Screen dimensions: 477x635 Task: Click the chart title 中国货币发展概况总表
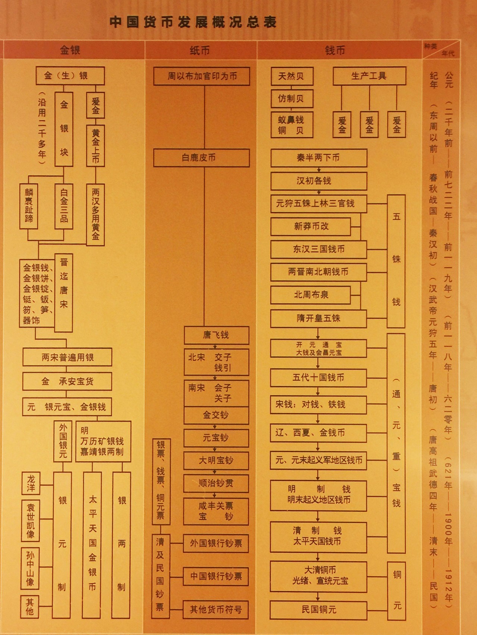click(x=193, y=22)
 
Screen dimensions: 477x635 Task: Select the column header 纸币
click(x=200, y=50)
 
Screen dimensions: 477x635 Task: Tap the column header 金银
click(x=70, y=50)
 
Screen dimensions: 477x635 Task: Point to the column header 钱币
click(x=335, y=50)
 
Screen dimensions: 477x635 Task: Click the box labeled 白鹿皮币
click(x=201, y=158)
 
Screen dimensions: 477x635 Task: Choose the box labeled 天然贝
click(x=291, y=76)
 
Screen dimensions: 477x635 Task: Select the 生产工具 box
click(x=369, y=76)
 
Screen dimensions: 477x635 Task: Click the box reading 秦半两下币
click(x=319, y=158)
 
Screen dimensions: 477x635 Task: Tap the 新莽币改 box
click(x=311, y=226)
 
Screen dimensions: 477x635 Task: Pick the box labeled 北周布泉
click(x=311, y=295)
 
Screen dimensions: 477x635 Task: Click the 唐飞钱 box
click(x=216, y=335)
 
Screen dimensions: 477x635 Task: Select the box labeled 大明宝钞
click(x=216, y=460)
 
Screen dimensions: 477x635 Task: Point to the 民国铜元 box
click(x=319, y=609)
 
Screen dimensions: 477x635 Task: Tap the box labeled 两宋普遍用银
click(x=67, y=357)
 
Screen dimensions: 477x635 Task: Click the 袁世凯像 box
click(x=31, y=520)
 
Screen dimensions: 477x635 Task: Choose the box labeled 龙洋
click(x=31, y=483)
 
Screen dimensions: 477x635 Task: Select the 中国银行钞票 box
click(x=216, y=576)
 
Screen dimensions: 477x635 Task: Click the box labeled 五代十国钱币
click(x=319, y=377)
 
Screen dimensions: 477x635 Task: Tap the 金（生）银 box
click(x=70, y=76)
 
